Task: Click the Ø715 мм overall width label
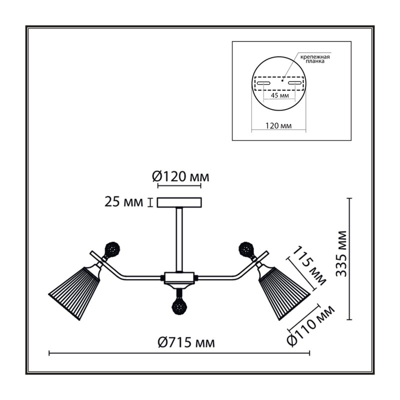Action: (x=186, y=342)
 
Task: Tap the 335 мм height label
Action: (x=341, y=254)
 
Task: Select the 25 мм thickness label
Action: (x=123, y=202)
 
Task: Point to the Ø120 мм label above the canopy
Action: (x=180, y=176)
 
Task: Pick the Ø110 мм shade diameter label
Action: (x=310, y=325)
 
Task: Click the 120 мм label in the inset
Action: (x=278, y=125)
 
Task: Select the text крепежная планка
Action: (x=315, y=59)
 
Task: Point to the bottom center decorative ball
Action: (x=180, y=306)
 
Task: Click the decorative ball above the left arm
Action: (x=112, y=249)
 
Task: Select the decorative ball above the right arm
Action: (x=246, y=249)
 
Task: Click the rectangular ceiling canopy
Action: (x=179, y=202)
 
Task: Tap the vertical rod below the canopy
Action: (x=179, y=239)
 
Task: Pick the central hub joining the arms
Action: (x=179, y=277)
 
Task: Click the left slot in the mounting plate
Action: (x=263, y=83)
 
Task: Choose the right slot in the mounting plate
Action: (x=294, y=83)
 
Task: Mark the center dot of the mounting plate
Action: (x=282, y=80)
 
